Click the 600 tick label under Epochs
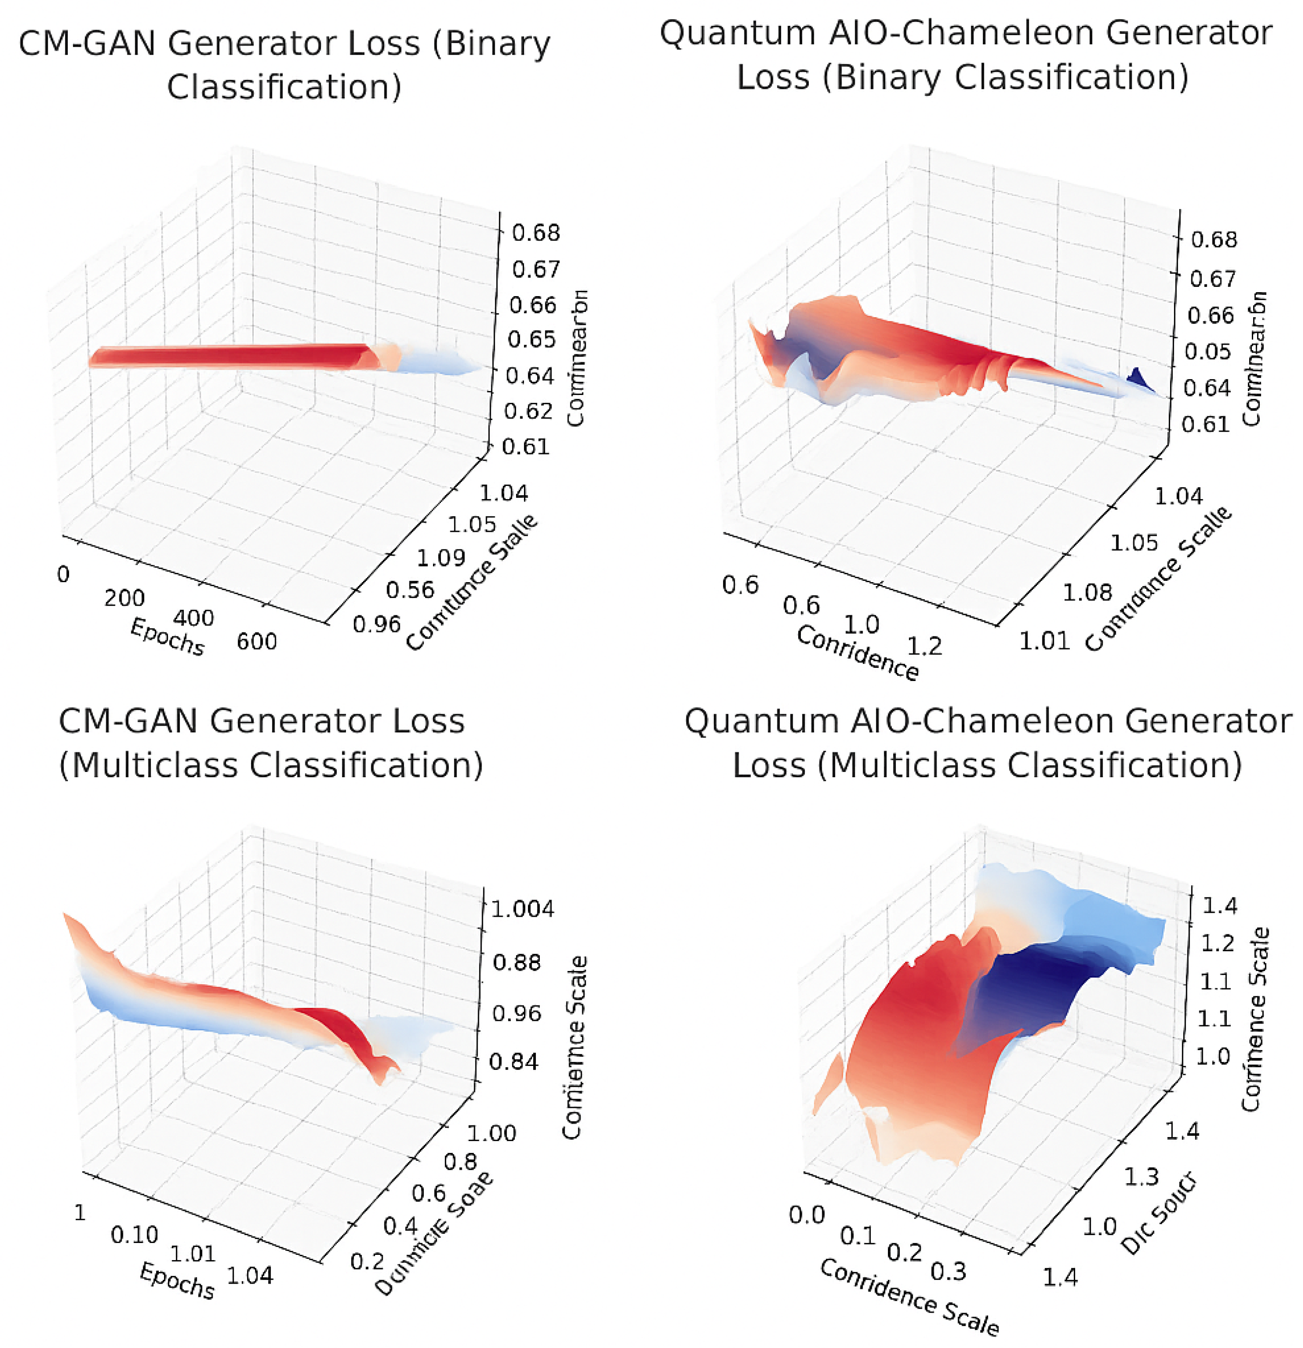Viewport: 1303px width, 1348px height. [x=257, y=641]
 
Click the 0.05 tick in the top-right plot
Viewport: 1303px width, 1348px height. [x=1208, y=352]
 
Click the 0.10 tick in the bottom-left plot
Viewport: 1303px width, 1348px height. [x=134, y=1235]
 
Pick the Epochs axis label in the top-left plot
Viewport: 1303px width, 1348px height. [x=167, y=636]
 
